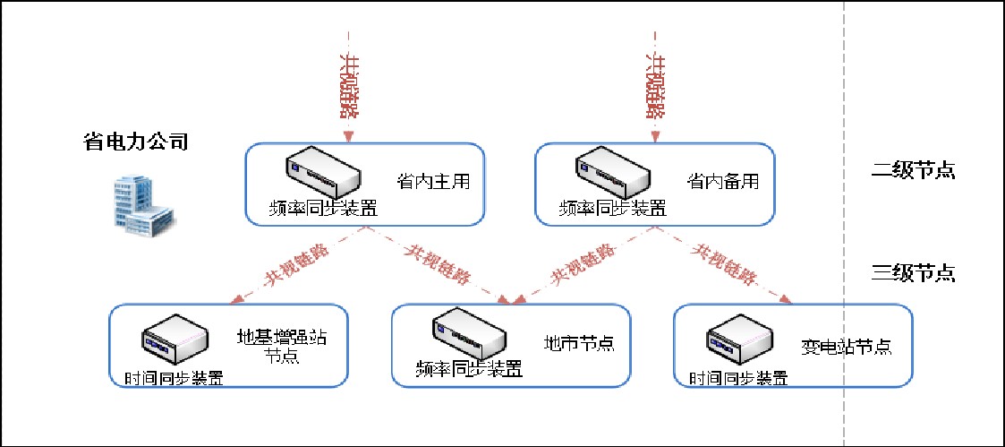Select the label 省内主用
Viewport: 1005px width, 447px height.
tap(433, 182)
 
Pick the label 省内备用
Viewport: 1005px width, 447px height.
tap(723, 182)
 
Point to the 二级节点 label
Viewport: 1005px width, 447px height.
tap(914, 170)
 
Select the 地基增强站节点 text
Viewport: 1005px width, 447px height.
tap(281, 346)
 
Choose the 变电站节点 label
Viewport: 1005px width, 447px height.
tap(846, 347)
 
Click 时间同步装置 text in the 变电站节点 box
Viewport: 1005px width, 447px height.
tap(738, 377)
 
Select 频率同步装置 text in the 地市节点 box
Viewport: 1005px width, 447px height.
tap(469, 368)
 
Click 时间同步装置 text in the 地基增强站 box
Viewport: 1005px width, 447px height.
tap(172, 377)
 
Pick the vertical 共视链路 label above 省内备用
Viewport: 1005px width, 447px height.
tap(655, 85)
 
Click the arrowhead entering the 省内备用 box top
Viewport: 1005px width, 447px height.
tap(655, 137)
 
